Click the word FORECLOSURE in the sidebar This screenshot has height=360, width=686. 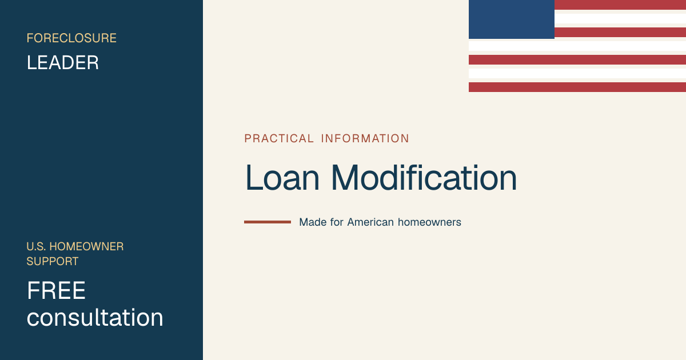71,38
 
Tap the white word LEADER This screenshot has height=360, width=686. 63,63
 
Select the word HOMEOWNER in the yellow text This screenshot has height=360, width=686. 86,246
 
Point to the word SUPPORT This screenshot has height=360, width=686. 53,262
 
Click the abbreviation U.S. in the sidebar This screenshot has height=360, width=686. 36,246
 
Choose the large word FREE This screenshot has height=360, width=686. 56,290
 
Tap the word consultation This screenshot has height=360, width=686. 95,318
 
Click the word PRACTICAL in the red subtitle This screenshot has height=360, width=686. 279,139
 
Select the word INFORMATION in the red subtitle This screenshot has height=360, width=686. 365,139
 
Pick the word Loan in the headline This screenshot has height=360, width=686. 282,178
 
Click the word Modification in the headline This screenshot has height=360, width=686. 424,178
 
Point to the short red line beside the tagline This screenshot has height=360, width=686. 268,222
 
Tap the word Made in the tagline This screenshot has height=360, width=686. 313,222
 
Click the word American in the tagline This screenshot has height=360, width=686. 370,222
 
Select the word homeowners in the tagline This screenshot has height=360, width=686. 429,222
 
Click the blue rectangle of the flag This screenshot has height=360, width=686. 512,19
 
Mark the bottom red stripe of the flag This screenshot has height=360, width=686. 577,87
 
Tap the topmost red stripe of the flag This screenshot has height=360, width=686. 620,5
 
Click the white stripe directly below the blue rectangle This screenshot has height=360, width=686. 577,46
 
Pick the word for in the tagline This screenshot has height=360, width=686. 337,222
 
